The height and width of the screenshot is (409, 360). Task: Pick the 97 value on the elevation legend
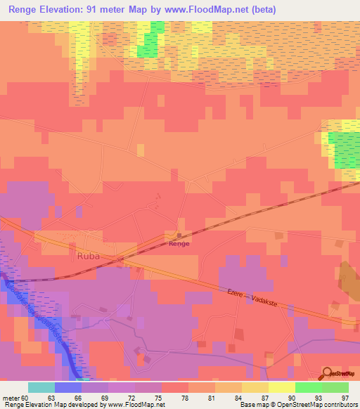tap(345, 396)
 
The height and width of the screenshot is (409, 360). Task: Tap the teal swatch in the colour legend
tap(41, 387)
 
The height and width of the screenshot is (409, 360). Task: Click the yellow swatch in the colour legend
tap(282, 387)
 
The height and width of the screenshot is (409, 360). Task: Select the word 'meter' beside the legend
tap(10, 396)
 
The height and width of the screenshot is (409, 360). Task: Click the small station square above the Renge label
tap(179, 235)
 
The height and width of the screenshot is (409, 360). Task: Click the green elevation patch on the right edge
tap(345, 149)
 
